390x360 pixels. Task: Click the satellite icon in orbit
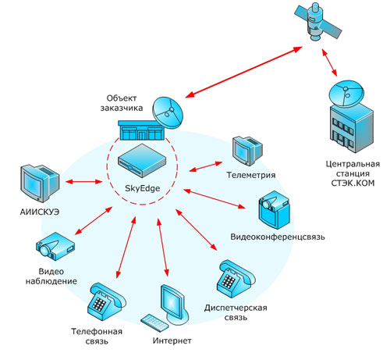pos(317,22)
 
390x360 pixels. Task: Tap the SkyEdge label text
pos(142,188)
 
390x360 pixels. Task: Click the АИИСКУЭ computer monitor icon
pos(40,183)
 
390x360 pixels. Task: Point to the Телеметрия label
pos(251,175)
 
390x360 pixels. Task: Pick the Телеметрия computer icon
pos(247,151)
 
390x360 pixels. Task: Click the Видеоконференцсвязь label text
pos(278,237)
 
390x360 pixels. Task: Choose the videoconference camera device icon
pos(274,210)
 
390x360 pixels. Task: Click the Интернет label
pos(172,340)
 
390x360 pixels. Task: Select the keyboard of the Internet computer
pos(154,323)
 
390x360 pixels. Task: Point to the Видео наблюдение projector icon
pos(55,246)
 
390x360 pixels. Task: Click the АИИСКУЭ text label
pos(40,212)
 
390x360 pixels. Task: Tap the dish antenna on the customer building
pos(168,113)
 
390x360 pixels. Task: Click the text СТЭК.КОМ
pos(353,183)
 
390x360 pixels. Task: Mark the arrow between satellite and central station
pos(330,62)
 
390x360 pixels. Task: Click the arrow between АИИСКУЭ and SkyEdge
pos(83,181)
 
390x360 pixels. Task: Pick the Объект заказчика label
pos(122,103)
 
